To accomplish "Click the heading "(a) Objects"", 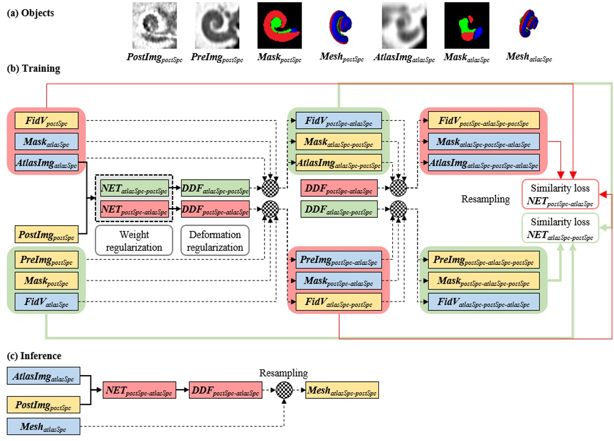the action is point(30,13).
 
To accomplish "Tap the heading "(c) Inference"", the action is point(34,356).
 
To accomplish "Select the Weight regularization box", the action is point(134,240).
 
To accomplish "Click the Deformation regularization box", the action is point(215,240).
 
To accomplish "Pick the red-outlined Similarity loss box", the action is point(560,194).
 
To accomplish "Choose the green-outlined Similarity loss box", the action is point(560,228).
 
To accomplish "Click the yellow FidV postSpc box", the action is point(47,121).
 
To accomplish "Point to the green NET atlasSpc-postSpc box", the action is point(134,188).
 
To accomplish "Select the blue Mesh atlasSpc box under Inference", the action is point(43,427).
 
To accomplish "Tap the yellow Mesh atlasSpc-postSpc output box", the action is point(342,391).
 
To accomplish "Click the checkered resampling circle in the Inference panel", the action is point(284,390).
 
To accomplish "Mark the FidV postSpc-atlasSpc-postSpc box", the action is point(484,121).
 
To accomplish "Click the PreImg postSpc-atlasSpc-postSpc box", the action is point(484,260).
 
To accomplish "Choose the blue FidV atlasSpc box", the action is point(47,302).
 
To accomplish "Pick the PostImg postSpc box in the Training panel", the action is point(47,234).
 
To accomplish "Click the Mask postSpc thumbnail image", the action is point(279,25).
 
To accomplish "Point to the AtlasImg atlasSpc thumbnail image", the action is point(404,25).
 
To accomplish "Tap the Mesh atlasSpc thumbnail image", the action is point(529,24).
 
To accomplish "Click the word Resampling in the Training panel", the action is point(485,199).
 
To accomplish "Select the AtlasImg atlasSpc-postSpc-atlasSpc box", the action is point(484,163).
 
